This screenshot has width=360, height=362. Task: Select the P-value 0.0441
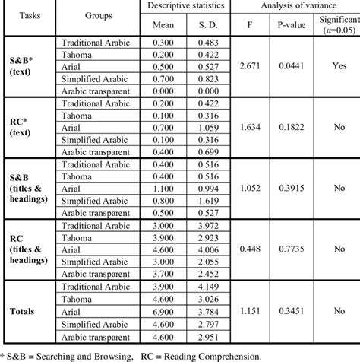(289, 79)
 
